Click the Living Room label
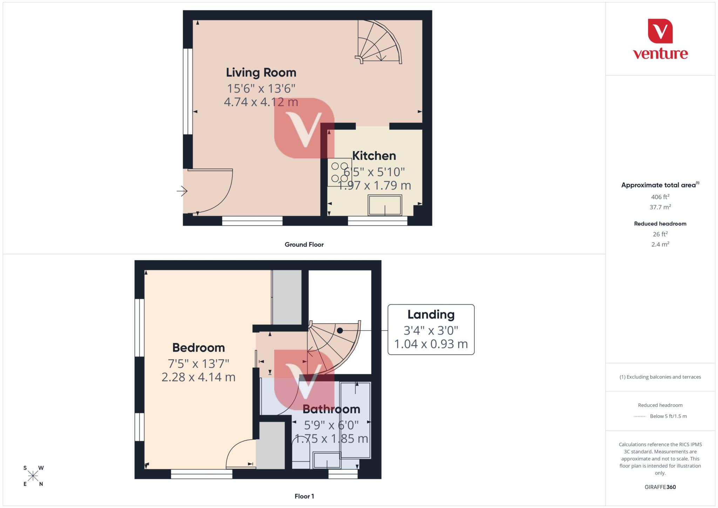pos(261,73)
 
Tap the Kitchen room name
pos(374,156)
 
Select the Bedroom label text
pos(198,347)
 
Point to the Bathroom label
pos(331,409)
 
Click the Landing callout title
pos(431,314)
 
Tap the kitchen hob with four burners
pos(340,172)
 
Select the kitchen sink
pos(385,205)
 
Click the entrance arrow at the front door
pos(182,191)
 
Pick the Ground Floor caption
pos(304,244)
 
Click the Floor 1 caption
pos(304,496)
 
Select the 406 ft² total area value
pos(660,197)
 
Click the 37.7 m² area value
pos(660,207)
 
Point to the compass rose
pos(33,476)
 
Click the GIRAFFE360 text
pos(660,487)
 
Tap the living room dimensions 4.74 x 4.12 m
pos(261,102)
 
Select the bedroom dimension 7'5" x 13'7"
pos(198,364)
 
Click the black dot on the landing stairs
pos(340,330)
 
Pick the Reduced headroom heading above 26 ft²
pos(660,224)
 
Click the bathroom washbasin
pos(327,460)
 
